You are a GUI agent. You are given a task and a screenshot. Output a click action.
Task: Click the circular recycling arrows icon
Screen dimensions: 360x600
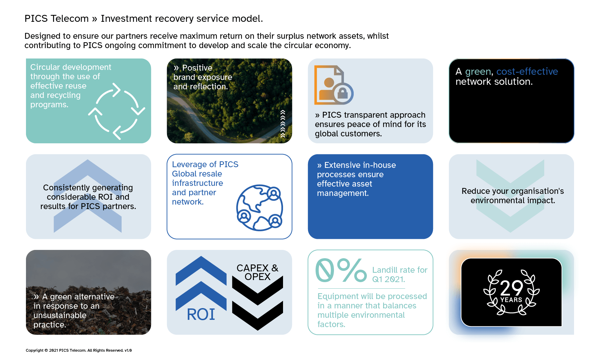click(x=116, y=111)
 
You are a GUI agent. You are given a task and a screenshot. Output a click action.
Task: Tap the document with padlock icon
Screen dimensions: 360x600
click(x=333, y=85)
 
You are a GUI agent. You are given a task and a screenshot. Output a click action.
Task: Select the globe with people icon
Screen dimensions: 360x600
click(x=259, y=208)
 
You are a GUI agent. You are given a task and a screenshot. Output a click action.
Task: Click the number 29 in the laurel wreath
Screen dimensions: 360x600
click(x=511, y=287)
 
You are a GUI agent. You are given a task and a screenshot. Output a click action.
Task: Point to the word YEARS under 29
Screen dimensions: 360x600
click(x=511, y=300)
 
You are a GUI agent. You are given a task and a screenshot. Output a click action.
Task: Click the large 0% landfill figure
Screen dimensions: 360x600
click(x=341, y=271)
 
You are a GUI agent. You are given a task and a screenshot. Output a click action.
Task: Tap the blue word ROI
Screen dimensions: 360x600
click(x=201, y=314)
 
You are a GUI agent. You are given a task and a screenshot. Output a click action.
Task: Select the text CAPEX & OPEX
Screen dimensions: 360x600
click(x=257, y=272)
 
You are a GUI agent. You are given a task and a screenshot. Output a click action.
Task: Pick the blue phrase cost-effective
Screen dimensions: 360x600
click(x=527, y=72)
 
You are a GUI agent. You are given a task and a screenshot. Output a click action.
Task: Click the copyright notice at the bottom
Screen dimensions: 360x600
click(x=79, y=350)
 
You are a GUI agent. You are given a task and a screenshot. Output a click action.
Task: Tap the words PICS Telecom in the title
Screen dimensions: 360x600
click(x=56, y=19)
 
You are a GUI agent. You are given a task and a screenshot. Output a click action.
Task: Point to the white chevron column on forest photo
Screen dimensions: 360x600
click(x=283, y=124)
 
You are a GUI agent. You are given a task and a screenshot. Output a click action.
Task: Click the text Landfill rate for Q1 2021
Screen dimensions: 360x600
click(x=399, y=274)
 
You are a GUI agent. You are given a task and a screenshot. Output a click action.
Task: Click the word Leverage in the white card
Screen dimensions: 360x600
click(x=189, y=164)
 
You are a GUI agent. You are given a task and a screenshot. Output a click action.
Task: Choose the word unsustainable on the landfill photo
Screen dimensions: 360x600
click(x=60, y=315)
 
